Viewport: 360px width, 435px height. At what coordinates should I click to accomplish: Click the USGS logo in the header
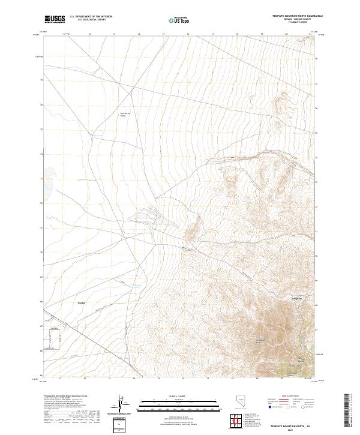55,19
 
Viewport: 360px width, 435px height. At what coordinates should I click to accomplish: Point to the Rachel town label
82,303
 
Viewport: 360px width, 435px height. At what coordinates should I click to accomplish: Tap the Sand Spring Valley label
124,114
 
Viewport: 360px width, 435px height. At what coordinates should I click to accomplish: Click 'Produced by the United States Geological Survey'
68,397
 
